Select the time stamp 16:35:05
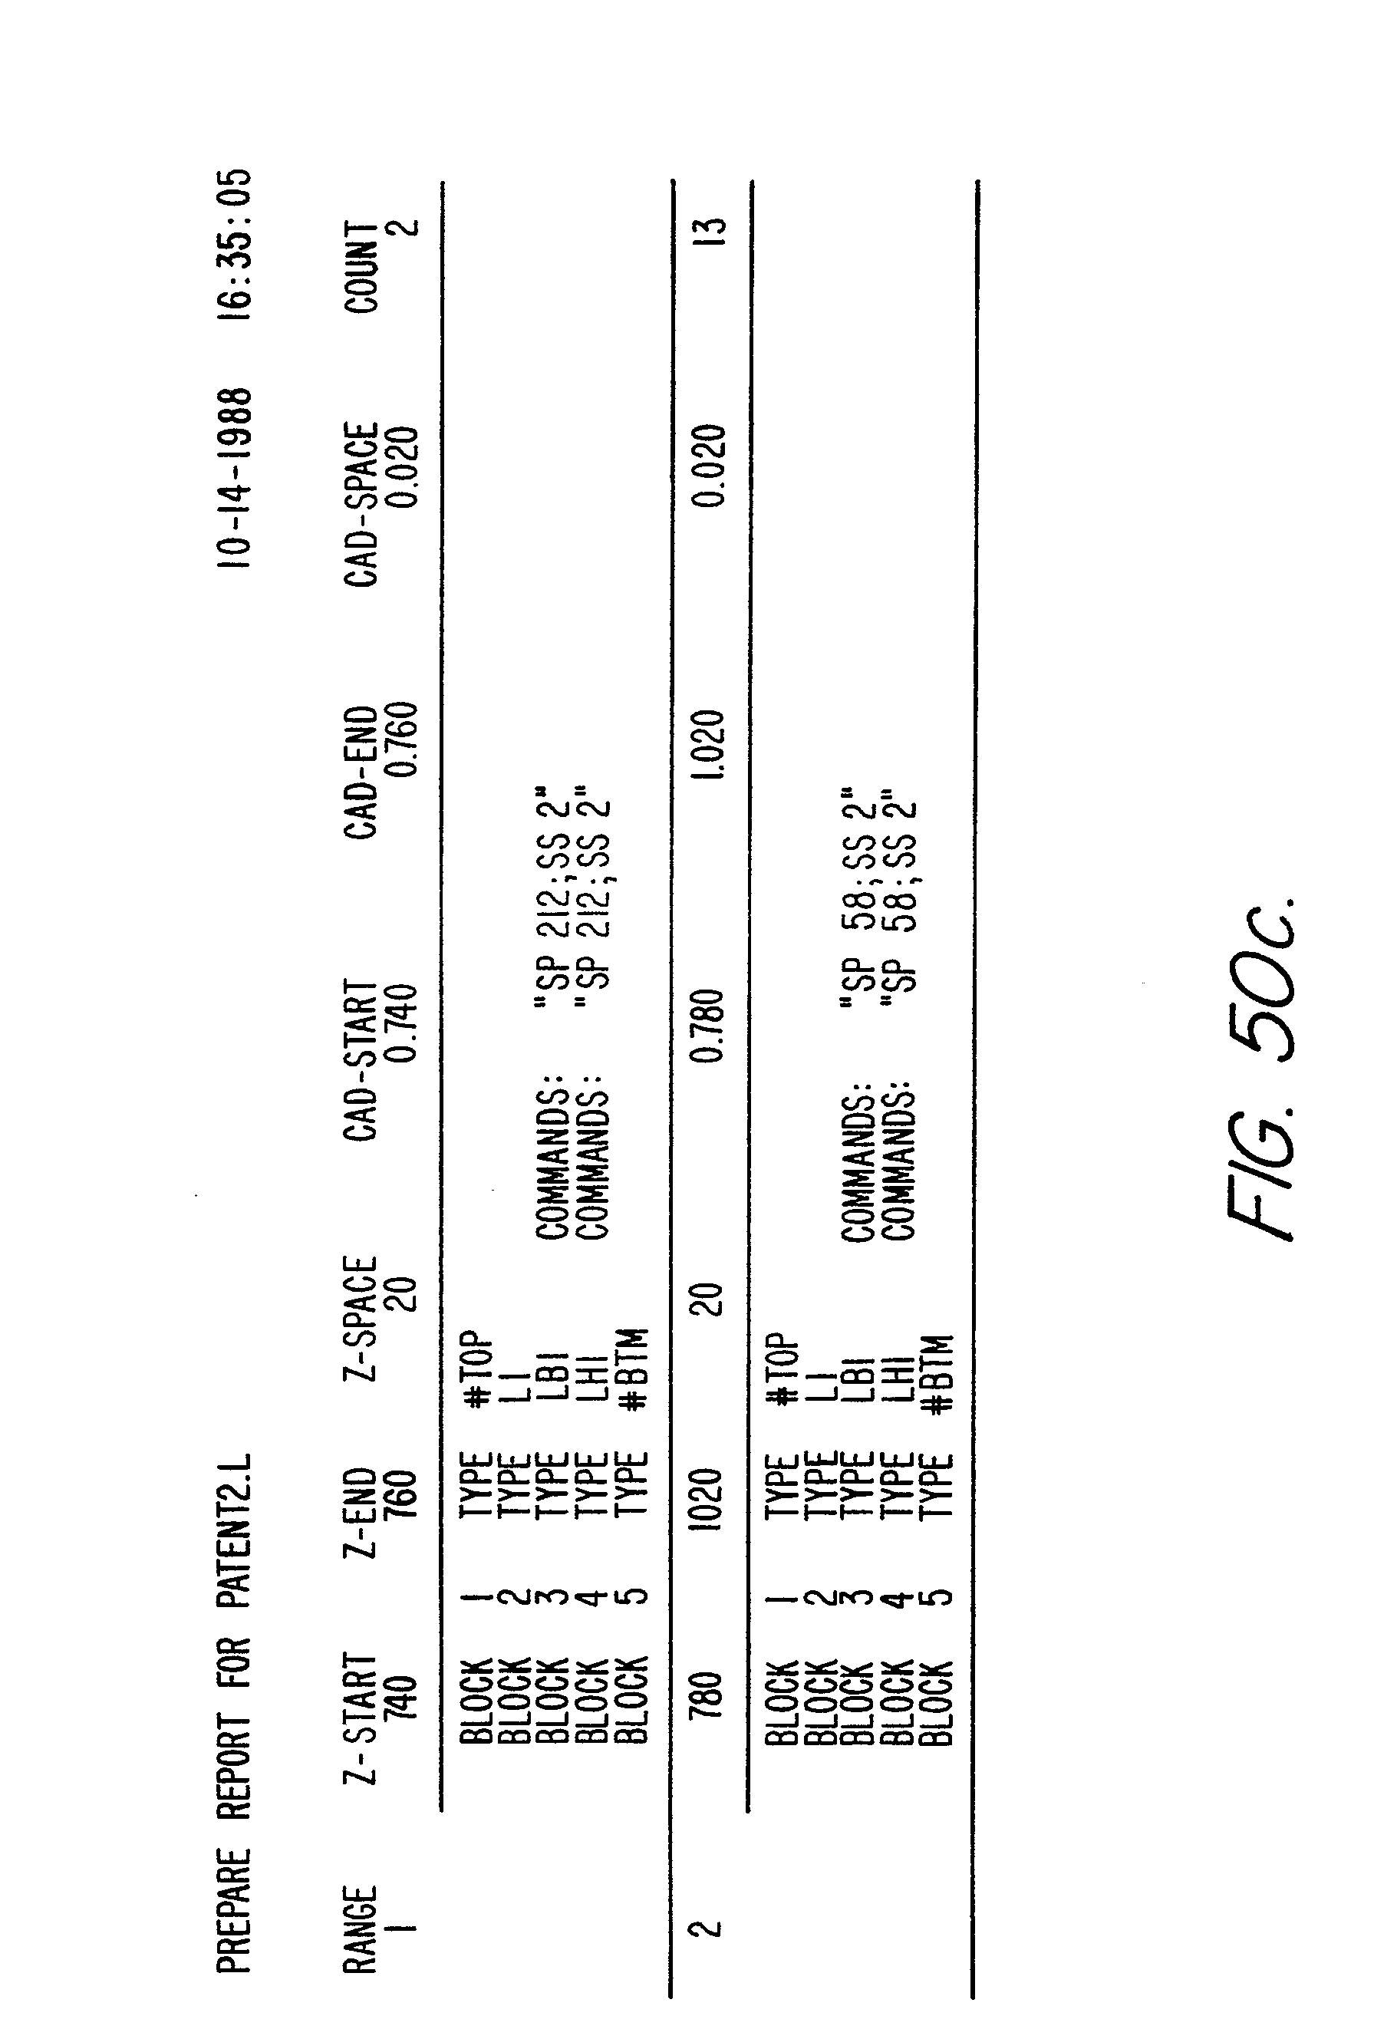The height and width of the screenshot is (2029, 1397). [235, 248]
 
